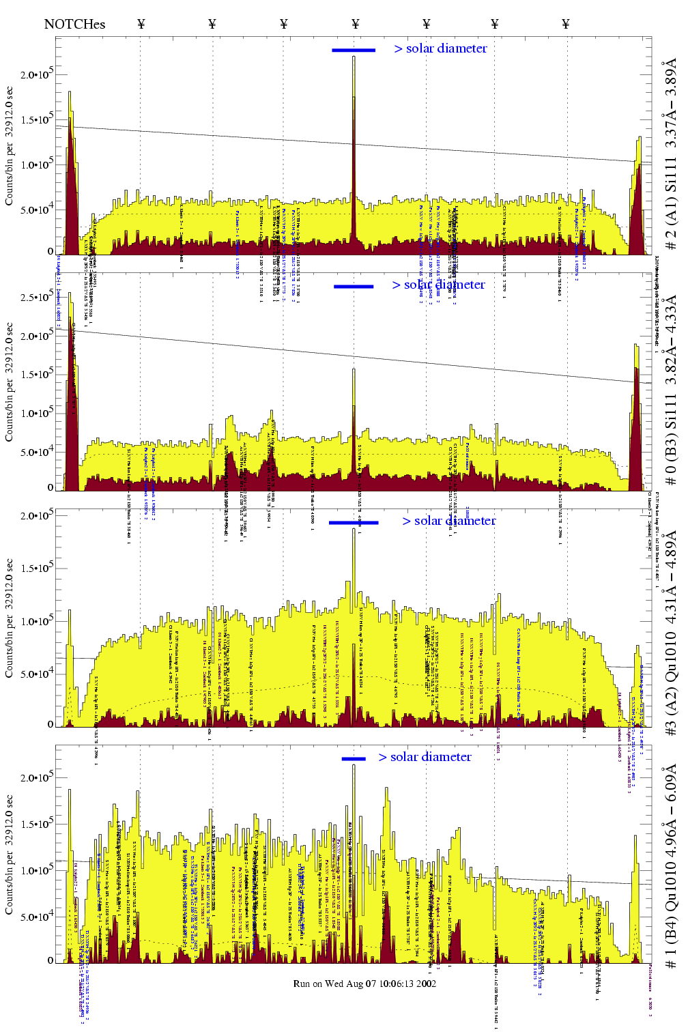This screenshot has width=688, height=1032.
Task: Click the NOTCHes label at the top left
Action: [74, 25]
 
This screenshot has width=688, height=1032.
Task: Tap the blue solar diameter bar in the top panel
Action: [354, 50]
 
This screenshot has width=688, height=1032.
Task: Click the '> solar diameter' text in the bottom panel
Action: [425, 757]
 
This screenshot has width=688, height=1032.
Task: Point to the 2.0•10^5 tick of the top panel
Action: [36, 75]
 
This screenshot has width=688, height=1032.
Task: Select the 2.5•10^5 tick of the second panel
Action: [36, 298]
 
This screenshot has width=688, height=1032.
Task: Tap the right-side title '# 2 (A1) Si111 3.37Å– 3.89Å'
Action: [672, 154]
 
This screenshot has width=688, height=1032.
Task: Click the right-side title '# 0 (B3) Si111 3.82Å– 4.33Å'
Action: [672, 390]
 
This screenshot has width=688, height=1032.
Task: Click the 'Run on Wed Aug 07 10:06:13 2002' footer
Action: [364, 984]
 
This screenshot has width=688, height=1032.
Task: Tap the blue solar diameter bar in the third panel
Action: [354, 523]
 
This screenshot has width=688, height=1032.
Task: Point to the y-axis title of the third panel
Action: [9, 618]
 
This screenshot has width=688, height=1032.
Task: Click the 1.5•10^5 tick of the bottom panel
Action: [36, 825]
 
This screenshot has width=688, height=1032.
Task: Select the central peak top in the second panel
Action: [354, 371]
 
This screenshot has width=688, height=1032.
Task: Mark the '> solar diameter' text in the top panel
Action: [440, 48]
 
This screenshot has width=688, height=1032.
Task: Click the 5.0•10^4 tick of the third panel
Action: [36, 674]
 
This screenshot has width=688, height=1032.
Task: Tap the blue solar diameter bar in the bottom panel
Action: [354, 758]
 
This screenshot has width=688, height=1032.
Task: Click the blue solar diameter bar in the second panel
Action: [354, 287]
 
